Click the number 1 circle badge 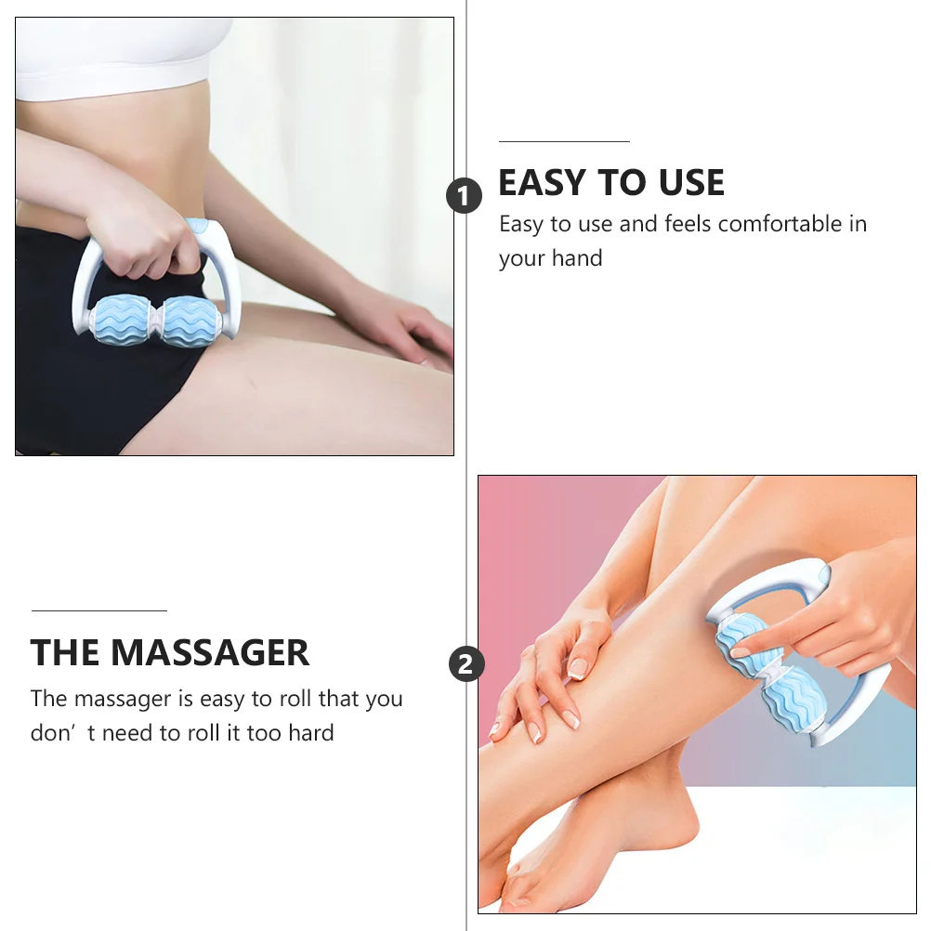pyautogui.click(x=465, y=196)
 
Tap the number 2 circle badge pyautogui.click(x=466, y=664)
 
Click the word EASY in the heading pyautogui.click(x=543, y=183)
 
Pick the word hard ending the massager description pyautogui.click(x=310, y=733)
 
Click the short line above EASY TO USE pyautogui.click(x=564, y=141)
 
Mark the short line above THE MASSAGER pyautogui.click(x=98, y=610)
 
